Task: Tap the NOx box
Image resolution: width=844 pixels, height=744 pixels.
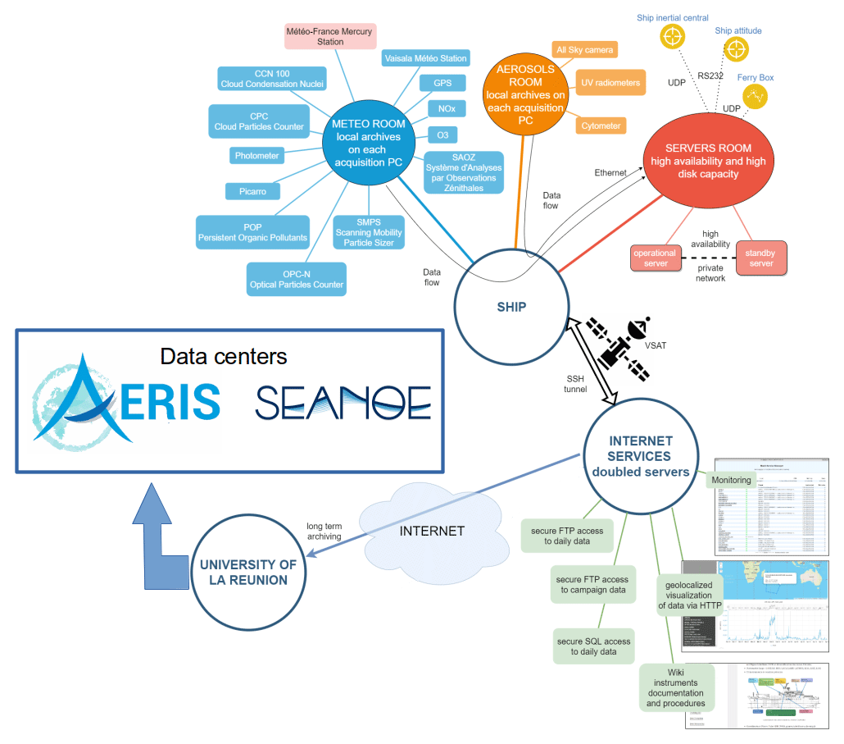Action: click(447, 108)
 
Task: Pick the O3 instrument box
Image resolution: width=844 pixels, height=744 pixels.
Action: click(442, 135)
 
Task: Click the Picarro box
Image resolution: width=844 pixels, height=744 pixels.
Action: click(252, 191)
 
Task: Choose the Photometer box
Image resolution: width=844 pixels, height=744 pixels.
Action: click(256, 156)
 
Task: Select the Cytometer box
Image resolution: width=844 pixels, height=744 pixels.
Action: click(601, 126)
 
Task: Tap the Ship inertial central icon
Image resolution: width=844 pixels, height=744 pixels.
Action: click(672, 37)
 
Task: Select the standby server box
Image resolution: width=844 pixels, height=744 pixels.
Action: click(761, 257)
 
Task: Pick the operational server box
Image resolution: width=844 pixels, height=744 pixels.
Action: click(655, 258)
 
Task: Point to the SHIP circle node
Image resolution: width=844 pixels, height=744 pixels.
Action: click(510, 308)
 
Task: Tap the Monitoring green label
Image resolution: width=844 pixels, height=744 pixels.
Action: click(731, 480)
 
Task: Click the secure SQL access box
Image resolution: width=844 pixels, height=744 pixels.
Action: click(594, 646)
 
